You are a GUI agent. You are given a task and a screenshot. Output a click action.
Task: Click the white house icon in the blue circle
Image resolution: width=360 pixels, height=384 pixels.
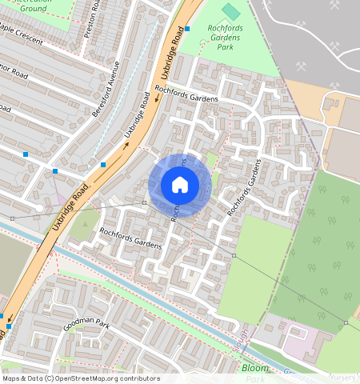[x=180, y=185]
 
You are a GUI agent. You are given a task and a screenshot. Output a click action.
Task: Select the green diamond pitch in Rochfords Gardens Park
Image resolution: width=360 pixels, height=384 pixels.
[x=230, y=11]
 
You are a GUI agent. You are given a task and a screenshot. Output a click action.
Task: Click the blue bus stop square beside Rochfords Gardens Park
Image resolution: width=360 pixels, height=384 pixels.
[x=187, y=29]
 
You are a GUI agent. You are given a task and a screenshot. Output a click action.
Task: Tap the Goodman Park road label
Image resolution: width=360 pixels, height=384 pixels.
[x=86, y=326]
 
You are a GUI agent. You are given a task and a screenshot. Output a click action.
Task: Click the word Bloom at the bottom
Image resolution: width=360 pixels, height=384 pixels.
[x=255, y=369]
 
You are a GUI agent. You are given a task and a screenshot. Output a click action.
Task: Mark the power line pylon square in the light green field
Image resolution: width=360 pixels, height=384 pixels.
[x=234, y=255]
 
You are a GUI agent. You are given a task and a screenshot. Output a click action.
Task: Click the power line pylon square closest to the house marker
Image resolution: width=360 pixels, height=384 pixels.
[x=144, y=203]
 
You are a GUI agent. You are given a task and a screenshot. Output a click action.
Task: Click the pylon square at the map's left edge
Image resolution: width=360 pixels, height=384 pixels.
[x=12, y=218]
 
